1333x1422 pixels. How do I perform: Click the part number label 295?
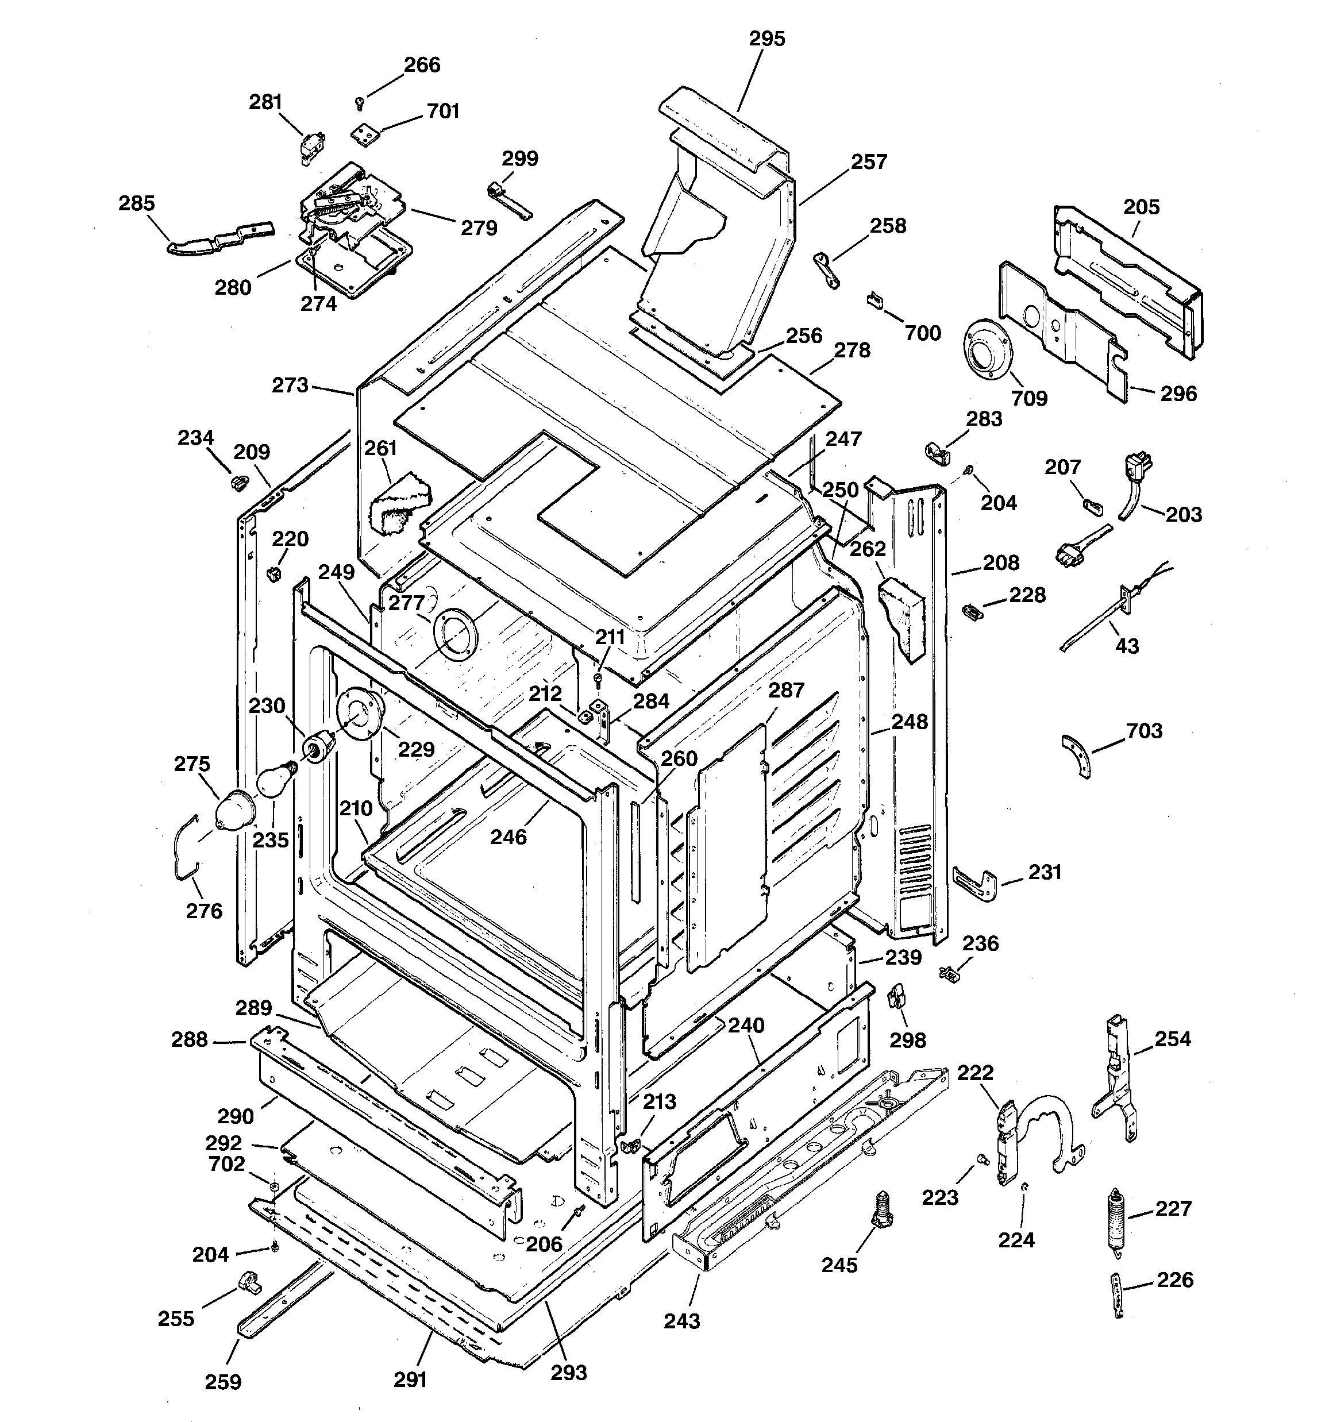[x=767, y=38]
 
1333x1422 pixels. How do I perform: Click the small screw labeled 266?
[x=360, y=105]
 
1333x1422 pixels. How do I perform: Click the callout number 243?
[x=681, y=1321]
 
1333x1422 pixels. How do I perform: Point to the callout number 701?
[x=443, y=111]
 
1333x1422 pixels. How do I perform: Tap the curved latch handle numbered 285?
[x=218, y=237]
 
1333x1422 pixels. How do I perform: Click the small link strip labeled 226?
[x=1118, y=1294]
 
